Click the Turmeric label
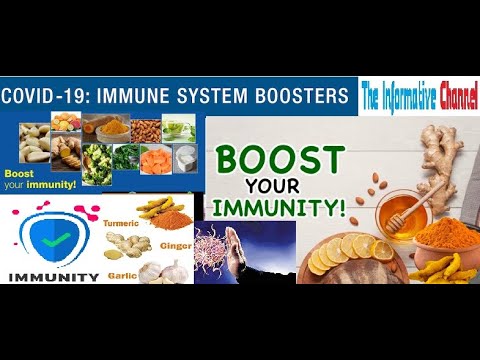(122, 211)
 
